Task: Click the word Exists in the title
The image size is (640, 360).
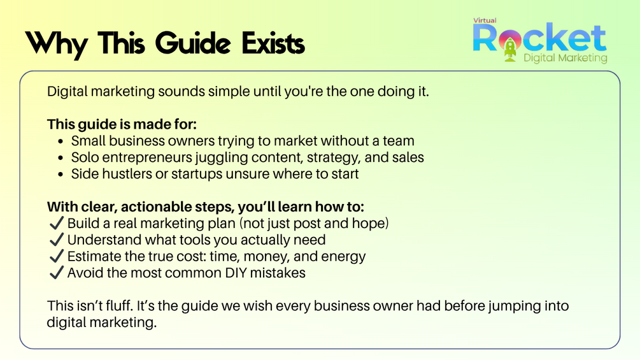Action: pos(273,43)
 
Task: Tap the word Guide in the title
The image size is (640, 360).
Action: pos(193,43)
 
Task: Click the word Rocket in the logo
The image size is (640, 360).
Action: pos(539,38)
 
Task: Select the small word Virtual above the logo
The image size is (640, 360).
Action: pos(485,20)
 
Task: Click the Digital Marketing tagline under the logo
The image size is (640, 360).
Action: pos(565,58)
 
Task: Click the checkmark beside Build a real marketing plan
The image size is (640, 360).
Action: pos(56,223)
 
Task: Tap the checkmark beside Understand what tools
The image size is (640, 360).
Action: pos(56,240)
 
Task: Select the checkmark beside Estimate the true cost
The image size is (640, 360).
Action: pos(56,256)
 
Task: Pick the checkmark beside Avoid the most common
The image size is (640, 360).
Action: pos(56,273)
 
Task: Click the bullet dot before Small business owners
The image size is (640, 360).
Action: pos(61,141)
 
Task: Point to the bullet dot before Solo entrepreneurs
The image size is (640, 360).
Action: pos(61,158)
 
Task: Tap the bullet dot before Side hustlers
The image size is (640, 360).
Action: pos(61,175)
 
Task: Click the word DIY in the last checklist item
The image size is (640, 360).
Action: pos(236,273)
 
